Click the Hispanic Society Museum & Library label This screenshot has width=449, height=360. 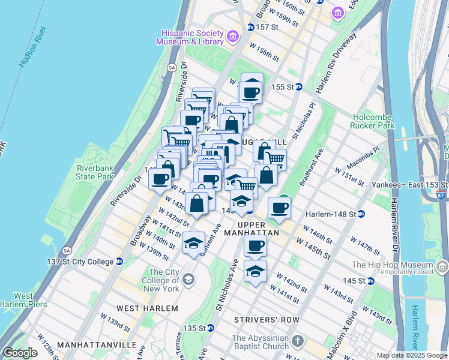point(189,37)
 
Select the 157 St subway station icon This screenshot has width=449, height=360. point(250,28)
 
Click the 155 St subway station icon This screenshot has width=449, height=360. point(298,87)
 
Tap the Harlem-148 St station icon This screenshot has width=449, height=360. point(362,214)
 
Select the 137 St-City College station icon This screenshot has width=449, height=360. point(119,262)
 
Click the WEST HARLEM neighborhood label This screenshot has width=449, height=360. point(147,308)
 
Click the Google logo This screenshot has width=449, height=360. point(20,353)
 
